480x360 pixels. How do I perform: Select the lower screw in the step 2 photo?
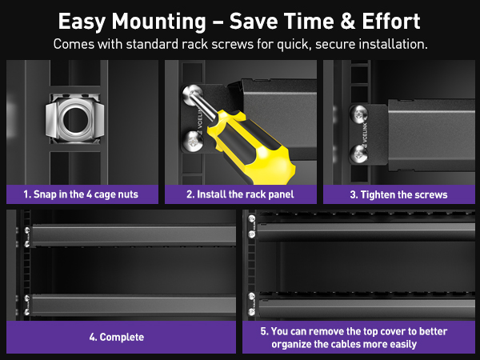coord(194,145)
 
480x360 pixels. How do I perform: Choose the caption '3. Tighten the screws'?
coord(398,194)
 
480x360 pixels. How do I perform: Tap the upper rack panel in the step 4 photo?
coord(132,234)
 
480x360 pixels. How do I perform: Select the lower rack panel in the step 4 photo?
coord(132,306)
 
